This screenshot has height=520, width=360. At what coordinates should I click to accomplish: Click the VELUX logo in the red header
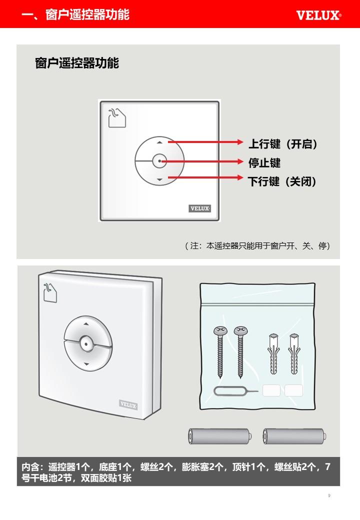318,15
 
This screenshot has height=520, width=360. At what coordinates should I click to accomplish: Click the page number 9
329,495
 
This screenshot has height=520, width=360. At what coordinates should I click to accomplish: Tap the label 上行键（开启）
283,144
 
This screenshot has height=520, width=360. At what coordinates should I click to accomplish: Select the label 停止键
264,163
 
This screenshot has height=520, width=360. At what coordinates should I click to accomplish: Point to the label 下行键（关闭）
282,181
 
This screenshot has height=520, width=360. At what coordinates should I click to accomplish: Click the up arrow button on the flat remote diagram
160,142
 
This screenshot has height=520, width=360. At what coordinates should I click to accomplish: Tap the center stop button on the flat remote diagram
160,161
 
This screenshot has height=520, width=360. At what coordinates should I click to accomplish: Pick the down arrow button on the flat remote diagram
160,179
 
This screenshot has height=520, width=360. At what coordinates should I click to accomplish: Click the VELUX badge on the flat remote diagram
200,208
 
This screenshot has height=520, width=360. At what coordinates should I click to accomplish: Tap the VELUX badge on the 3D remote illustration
128,405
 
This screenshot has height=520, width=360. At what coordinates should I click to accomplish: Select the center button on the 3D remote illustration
86,344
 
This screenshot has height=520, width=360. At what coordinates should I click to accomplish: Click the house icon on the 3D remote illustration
50,292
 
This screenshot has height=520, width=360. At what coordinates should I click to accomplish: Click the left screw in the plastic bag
220,352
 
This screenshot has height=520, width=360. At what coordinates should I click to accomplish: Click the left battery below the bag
220,436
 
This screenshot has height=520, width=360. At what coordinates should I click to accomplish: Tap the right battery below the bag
294,436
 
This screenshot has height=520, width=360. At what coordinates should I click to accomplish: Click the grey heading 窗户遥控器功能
77,63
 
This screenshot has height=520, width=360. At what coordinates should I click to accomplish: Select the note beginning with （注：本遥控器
257,245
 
